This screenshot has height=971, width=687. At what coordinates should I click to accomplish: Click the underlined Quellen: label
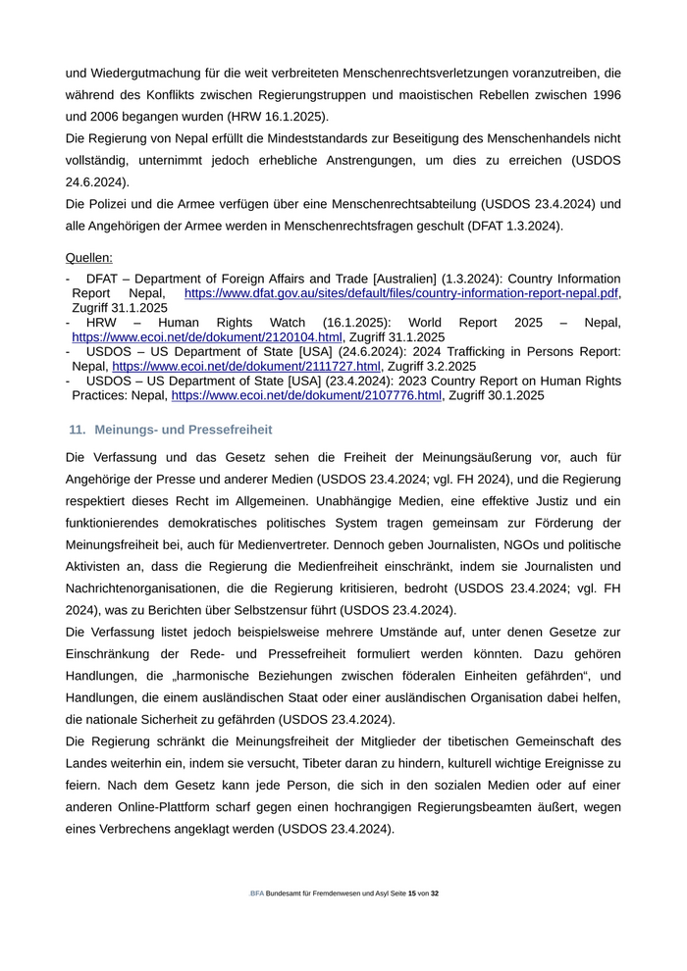[x=88, y=258]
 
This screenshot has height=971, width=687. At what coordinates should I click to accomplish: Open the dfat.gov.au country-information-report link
[x=401, y=293]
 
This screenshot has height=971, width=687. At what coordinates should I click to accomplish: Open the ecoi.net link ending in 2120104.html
[x=207, y=336]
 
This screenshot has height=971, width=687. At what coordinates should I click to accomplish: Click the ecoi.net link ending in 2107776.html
[x=306, y=395]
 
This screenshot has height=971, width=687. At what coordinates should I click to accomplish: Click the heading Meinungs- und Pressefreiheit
[x=184, y=430]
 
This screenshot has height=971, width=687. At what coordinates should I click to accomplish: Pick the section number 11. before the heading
[x=78, y=430]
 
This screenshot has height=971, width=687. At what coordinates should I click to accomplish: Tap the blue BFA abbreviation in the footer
[x=257, y=894]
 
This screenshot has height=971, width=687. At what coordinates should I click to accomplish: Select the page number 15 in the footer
[x=412, y=894]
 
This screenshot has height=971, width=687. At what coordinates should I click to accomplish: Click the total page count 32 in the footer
[x=435, y=894]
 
